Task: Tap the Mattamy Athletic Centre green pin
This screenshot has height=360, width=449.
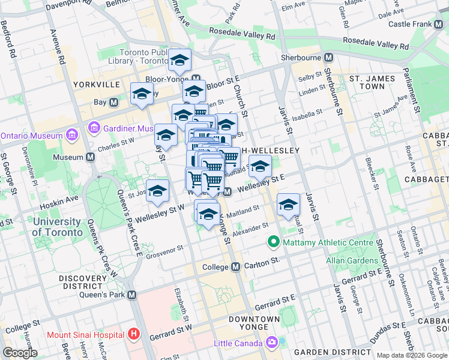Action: click(x=274, y=242)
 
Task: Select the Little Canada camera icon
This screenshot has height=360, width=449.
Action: click(x=272, y=343)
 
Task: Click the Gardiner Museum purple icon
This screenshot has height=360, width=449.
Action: click(x=94, y=128)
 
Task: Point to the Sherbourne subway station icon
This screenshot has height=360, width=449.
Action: click(x=328, y=58)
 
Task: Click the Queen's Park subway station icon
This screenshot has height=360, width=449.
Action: click(x=132, y=295)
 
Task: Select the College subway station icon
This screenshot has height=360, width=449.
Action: click(x=236, y=266)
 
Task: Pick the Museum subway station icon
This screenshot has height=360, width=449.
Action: click(x=91, y=157)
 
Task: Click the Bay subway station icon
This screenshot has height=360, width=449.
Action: click(x=113, y=103)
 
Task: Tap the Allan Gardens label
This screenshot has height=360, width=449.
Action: click(x=352, y=260)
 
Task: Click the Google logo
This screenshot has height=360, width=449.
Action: click(x=20, y=353)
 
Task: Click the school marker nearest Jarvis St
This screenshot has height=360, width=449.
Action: click(x=289, y=205)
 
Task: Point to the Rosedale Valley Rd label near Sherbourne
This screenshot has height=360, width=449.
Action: click(x=375, y=44)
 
